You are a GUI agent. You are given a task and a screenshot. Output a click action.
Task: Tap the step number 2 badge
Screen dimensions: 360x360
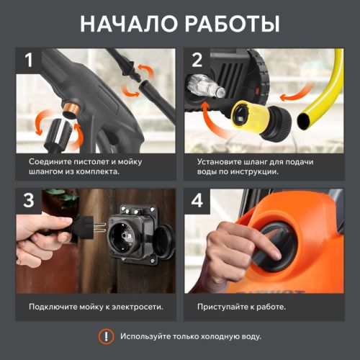coord(196,61)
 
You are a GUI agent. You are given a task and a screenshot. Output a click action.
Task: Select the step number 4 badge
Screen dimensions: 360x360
coord(196,202)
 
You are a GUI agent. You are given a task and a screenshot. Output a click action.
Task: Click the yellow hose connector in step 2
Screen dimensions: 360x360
coord(267,116)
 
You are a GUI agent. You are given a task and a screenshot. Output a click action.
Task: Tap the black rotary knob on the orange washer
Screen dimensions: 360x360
coord(277,248)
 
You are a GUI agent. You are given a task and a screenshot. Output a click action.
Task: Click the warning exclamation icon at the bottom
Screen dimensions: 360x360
coord(107,336)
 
